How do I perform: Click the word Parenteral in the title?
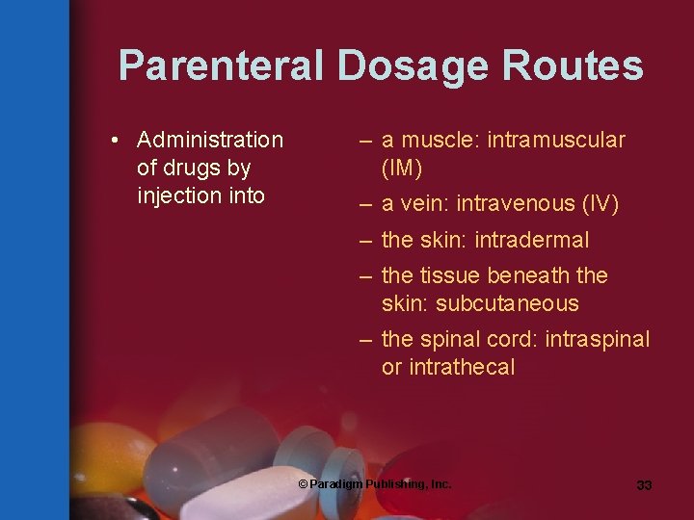(x=222, y=66)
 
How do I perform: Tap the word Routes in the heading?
(x=576, y=66)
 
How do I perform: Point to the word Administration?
(x=210, y=141)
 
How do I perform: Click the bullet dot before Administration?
(x=115, y=141)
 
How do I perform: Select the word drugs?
(x=192, y=169)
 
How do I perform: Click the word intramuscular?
(x=556, y=141)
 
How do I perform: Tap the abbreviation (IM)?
(x=402, y=169)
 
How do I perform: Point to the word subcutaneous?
(x=507, y=304)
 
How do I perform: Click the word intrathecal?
(x=462, y=368)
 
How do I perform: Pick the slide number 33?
(x=644, y=485)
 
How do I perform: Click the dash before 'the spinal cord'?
(x=365, y=340)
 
